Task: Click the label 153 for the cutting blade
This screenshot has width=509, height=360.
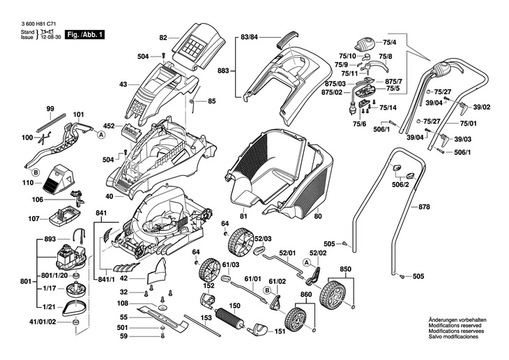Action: (206, 318)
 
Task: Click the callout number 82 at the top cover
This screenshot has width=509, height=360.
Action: (163, 38)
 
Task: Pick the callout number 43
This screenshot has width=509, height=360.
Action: (123, 84)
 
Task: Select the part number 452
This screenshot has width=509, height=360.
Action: (109, 126)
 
